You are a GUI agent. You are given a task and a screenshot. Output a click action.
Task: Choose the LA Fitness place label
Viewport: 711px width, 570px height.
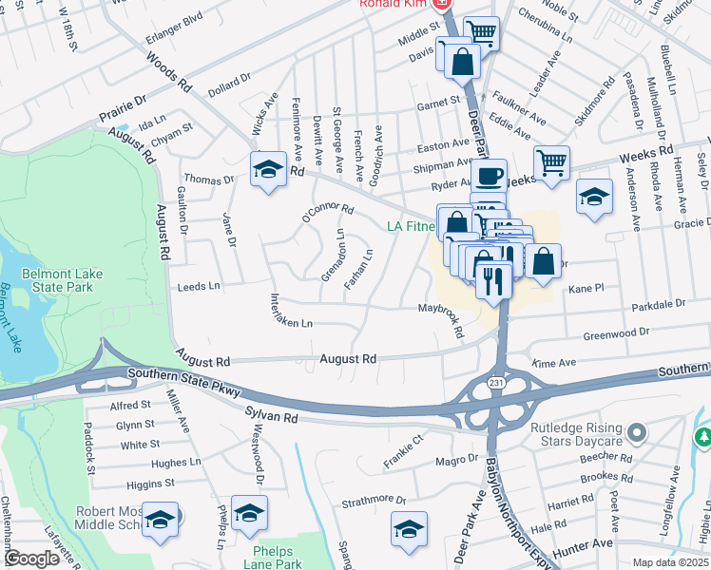[x=411, y=226]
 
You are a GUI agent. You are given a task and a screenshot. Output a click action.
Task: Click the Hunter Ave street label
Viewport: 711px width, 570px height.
[x=589, y=543]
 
